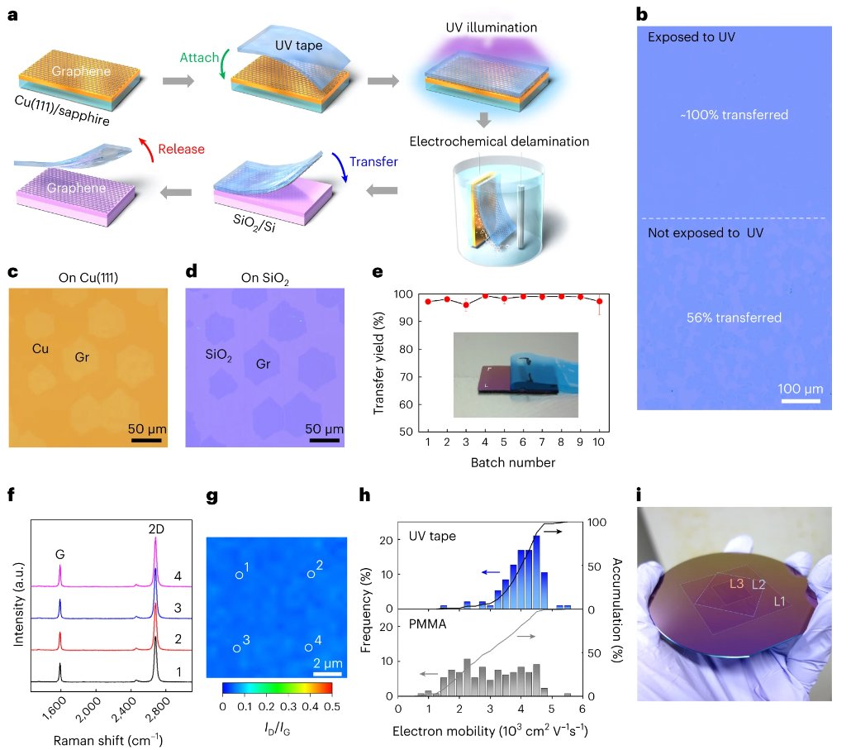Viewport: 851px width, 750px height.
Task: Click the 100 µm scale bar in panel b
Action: point(798,401)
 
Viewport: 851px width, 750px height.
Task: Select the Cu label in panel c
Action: point(40,348)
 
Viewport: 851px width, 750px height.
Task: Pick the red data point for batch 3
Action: point(466,305)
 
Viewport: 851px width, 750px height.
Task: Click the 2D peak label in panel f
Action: point(155,527)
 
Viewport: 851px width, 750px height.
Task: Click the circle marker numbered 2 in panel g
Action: point(311,574)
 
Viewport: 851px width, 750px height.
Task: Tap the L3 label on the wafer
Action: point(738,583)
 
